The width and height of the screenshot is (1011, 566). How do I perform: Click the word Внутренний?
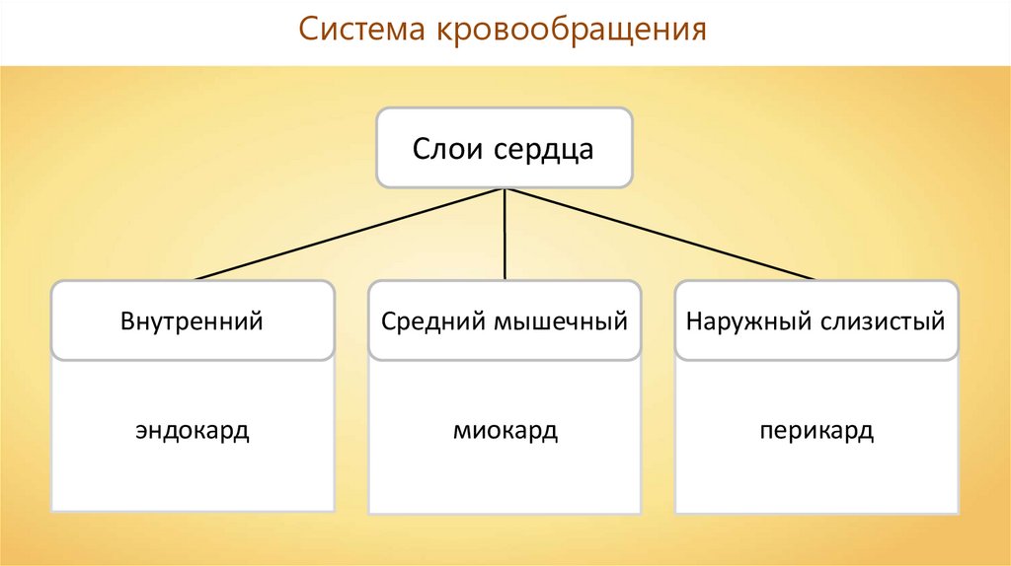coord(193,321)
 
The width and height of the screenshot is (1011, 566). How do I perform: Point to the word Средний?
coord(428,322)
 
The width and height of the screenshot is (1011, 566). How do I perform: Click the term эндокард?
coord(193,431)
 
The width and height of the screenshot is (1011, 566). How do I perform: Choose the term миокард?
coord(505,432)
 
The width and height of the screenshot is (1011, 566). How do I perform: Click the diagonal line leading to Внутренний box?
coord(350,234)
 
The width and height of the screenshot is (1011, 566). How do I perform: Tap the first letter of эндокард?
coord(142,432)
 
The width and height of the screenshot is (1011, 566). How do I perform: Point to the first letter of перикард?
coord(766,433)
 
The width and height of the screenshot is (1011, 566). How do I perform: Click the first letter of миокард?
coord(460,432)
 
